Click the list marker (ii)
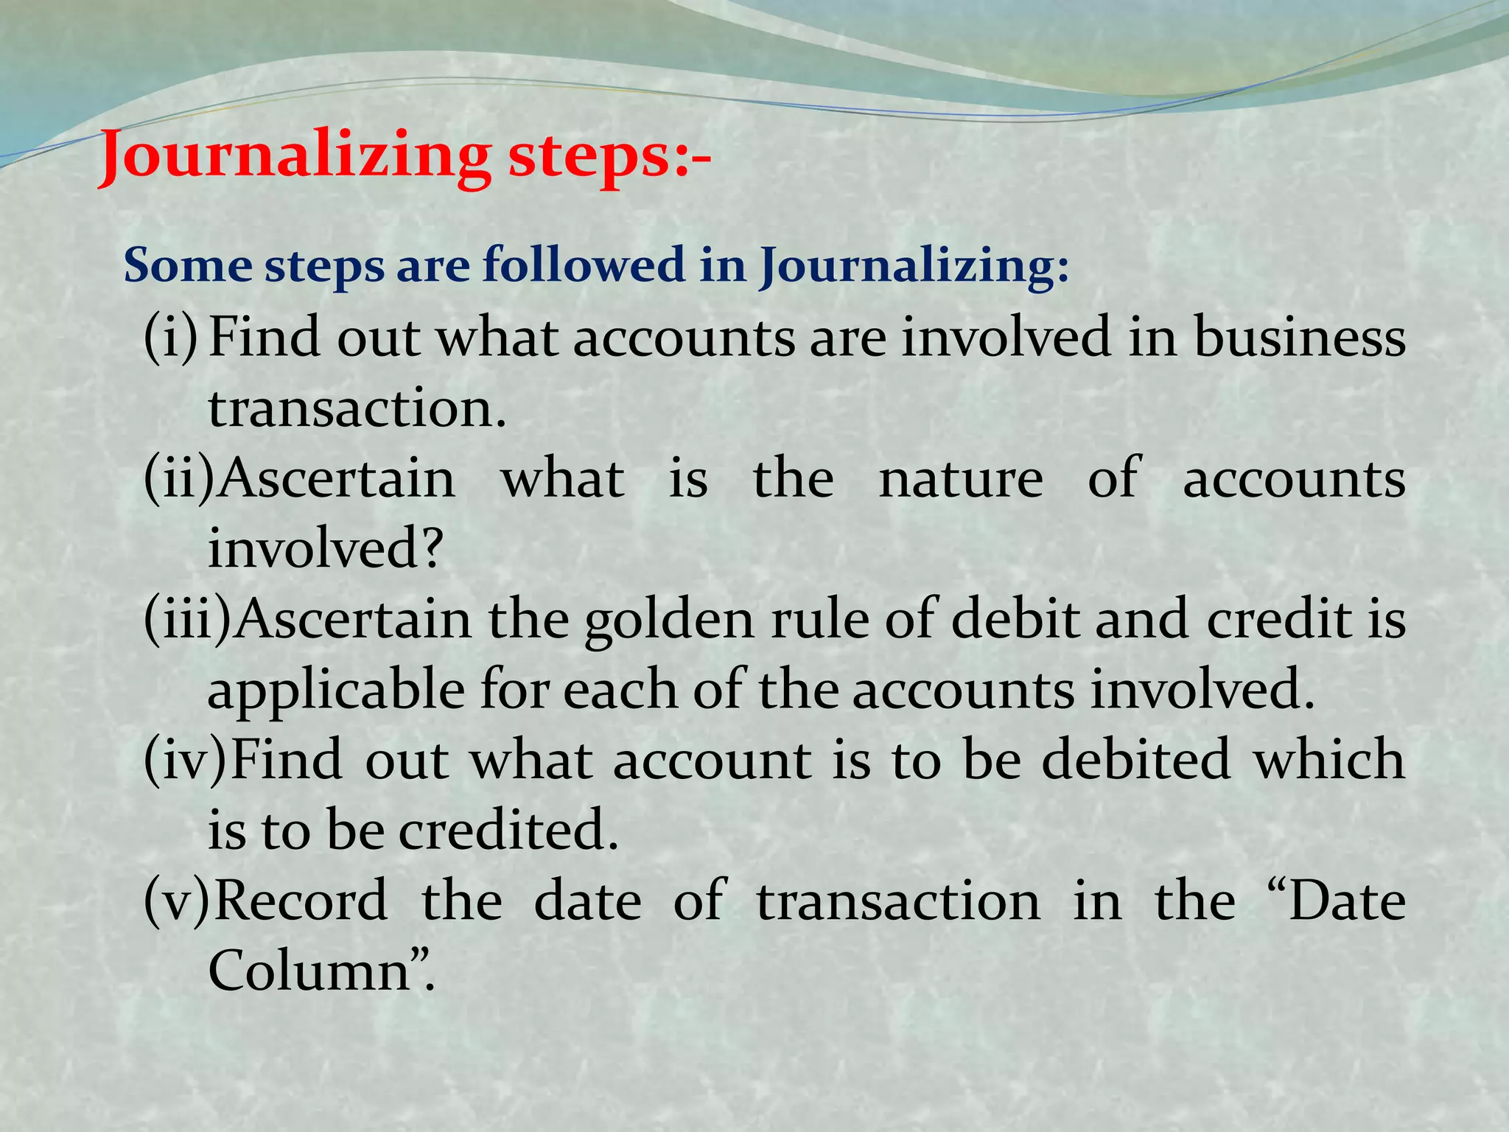pyautogui.click(x=178, y=479)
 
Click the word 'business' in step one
pyautogui.click(x=1299, y=338)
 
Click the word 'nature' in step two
pyautogui.click(x=961, y=479)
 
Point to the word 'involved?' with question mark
pyautogui.click(x=325, y=550)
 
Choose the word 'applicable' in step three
pyautogui.click(x=336, y=691)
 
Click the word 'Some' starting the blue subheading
pyautogui.click(x=187, y=265)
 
